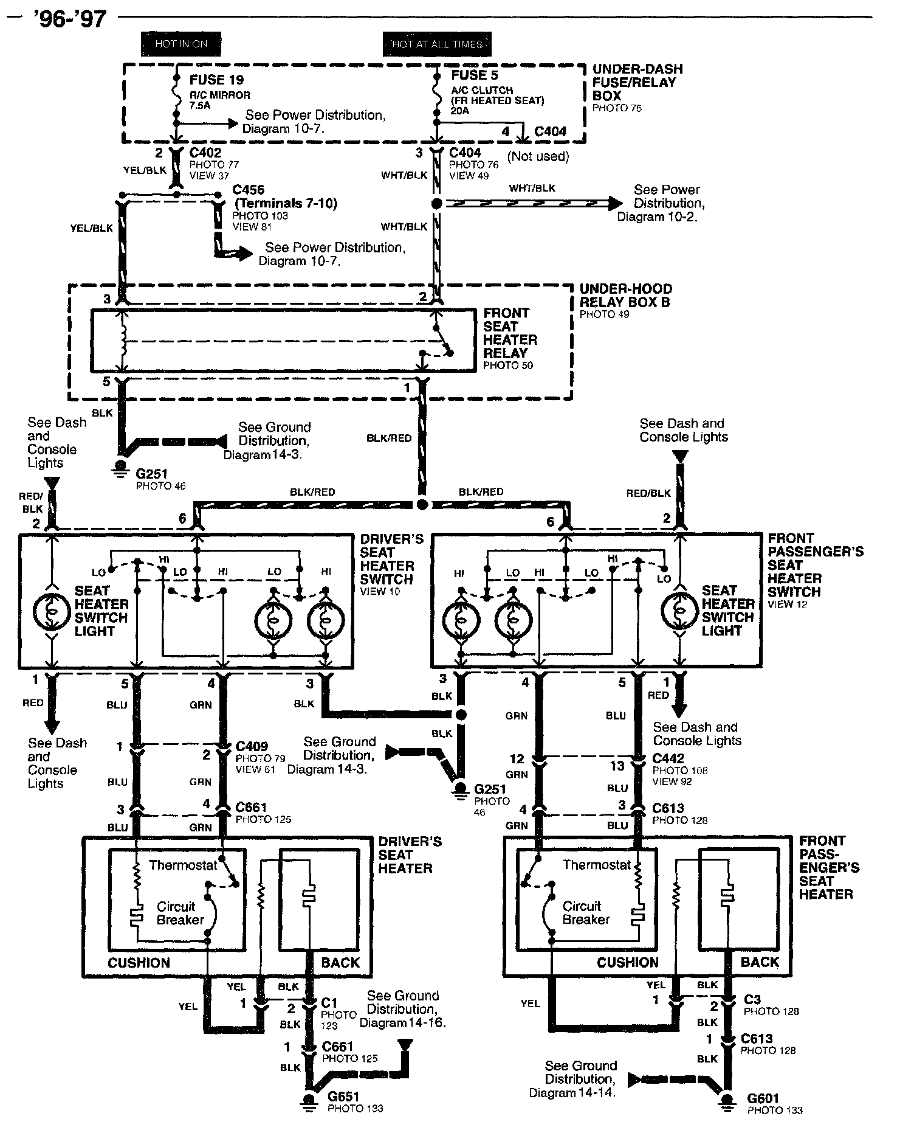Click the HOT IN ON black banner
tap(181, 44)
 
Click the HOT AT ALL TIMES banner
tap(437, 44)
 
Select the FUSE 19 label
tap(216, 80)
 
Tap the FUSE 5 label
tap(475, 75)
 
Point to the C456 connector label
tap(249, 190)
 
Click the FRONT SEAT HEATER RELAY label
tap(510, 333)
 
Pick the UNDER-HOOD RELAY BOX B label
tap(625, 296)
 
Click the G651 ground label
tap(343, 1097)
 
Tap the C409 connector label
tap(252, 746)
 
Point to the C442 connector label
tap(668, 758)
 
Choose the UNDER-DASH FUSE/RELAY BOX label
tap(637, 82)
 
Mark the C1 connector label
tap(329, 1002)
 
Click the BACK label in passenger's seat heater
tap(760, 962)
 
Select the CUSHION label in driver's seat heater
tap(139, 963)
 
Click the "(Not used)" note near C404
tap(538, 156)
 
